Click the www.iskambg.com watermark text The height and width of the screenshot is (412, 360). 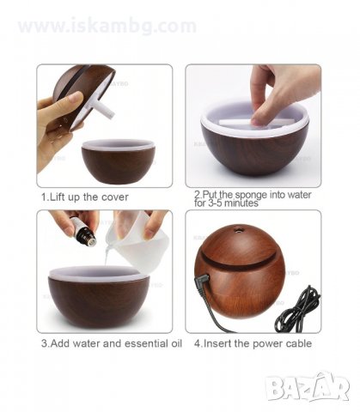[107, 26]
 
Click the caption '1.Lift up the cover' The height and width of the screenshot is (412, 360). [85, 197]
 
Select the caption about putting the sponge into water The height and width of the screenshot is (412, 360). [253, 199]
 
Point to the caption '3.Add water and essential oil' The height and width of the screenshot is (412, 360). [112, 343]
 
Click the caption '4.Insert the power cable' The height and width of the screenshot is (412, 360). [253, 343]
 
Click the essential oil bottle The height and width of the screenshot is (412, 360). [85, 231]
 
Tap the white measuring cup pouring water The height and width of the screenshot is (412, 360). [136, 243]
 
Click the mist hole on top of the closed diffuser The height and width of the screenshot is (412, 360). [237, 229]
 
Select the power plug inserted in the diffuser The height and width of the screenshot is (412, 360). [202, 281]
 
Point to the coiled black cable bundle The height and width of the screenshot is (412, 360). [298, 310]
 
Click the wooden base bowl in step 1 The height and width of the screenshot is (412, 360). [119, 161]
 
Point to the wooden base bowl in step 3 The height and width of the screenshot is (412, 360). [99, 298]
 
